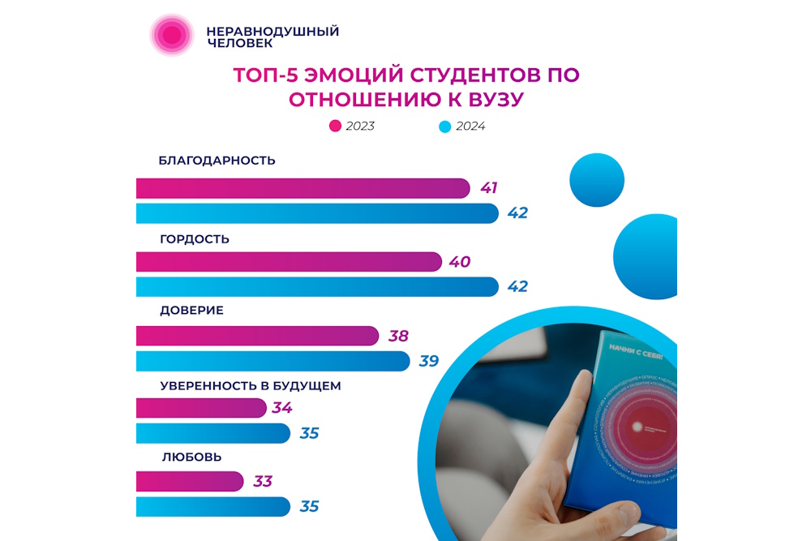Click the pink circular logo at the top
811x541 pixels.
click(171, 35)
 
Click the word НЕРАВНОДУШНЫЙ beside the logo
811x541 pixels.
click(272, 32)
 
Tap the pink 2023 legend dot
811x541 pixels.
click(335, 127)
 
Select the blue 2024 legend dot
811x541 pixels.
click(444, 127)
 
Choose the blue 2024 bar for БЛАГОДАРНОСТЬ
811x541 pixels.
click(317, 213)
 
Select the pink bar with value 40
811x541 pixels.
click(289, 262)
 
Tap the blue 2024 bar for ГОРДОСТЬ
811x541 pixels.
click(317, 287)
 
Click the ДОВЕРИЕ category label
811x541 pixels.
click(191, 311)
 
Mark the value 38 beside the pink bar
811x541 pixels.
click(398, 336)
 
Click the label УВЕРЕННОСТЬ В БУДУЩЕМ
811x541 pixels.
click(250, 385)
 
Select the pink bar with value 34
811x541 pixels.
click(202, 408)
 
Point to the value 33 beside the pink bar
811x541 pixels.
click(262, 481)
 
